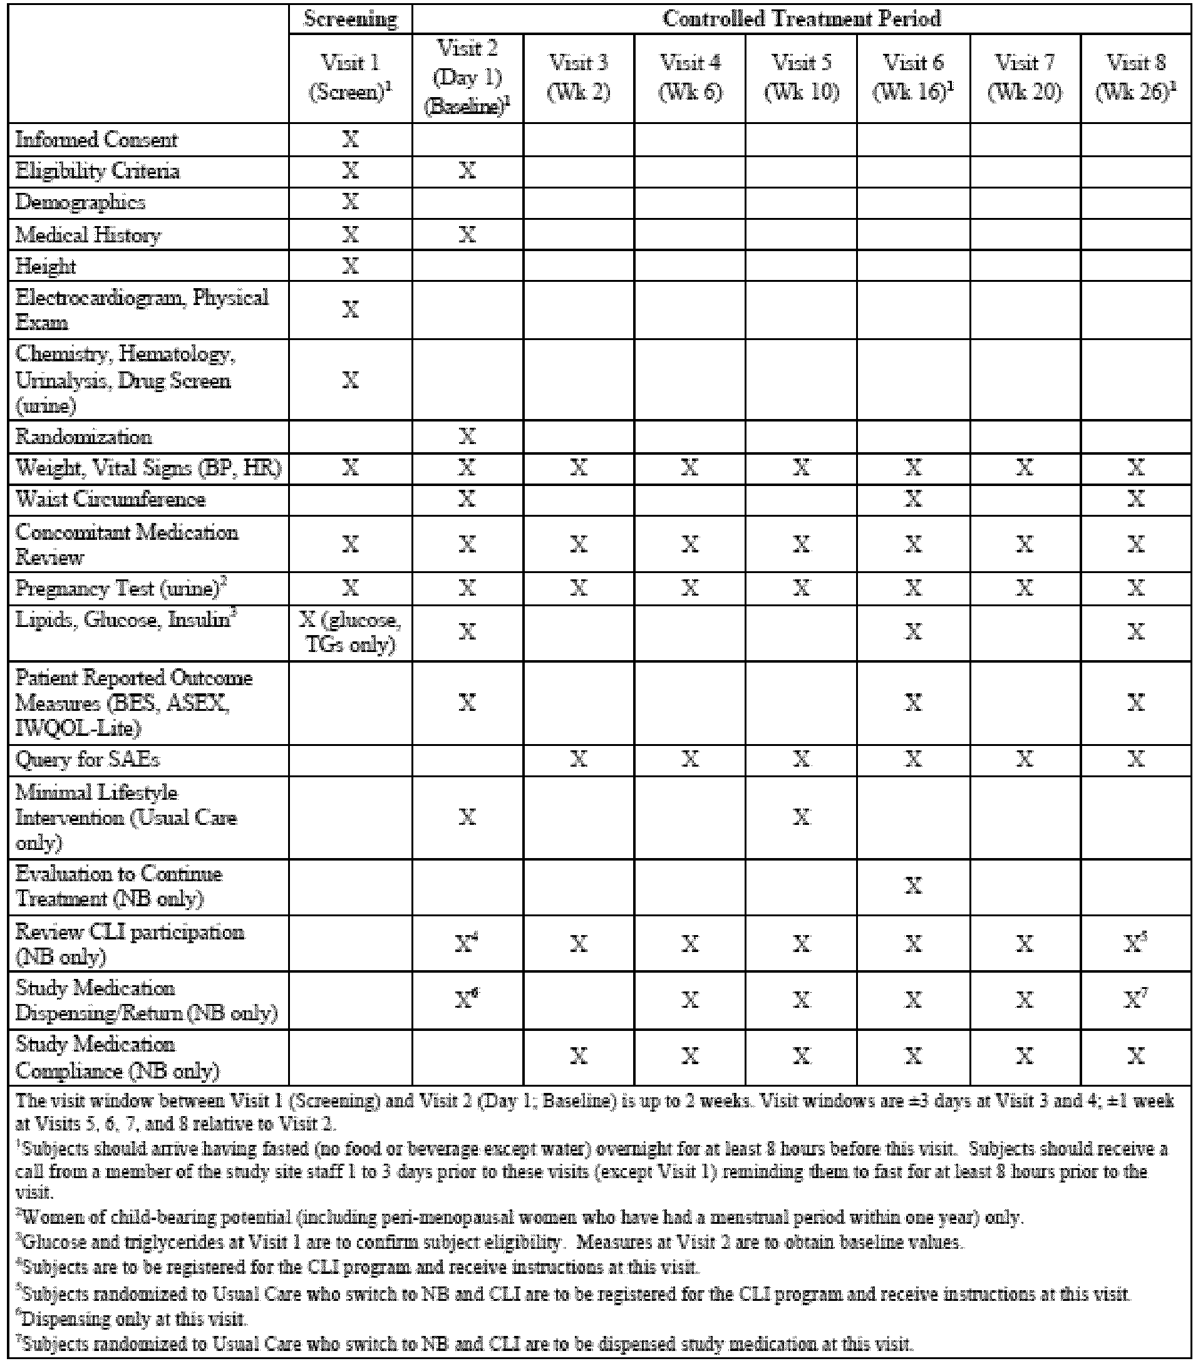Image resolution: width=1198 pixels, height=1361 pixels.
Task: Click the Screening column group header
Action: coord(350,19)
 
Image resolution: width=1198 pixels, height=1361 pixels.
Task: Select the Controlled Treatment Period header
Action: coord(801,19)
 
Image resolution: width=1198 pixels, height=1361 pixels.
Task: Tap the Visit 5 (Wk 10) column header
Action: coord(801,77)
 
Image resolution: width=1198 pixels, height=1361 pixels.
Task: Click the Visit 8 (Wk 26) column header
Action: coord(1135,77)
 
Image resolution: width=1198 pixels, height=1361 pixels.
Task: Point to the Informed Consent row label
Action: coord(96,140)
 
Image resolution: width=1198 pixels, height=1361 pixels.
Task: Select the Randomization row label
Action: coord(84,437)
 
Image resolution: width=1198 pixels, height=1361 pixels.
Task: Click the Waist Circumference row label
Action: coord(111,499)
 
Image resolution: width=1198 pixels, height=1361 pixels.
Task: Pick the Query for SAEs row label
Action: coord(87,759)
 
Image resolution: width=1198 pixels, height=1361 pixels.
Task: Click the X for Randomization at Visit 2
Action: coord(467,437)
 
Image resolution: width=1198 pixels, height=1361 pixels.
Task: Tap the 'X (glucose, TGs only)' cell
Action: coord(350,632)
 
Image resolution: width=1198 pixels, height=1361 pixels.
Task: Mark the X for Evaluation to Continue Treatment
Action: coord(913,886)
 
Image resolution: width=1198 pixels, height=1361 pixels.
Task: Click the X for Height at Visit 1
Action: coord(350,266)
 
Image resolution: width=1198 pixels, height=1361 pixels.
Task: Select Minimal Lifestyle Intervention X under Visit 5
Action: coord(801,817)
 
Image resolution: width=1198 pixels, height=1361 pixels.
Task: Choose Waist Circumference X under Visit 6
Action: coord(913,499)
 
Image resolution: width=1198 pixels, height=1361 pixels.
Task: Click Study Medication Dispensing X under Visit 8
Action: coord(1135,1000)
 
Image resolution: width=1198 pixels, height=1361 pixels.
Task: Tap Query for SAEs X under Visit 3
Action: coord(579,759)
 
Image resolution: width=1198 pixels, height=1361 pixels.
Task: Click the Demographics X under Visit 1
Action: coord(350,202)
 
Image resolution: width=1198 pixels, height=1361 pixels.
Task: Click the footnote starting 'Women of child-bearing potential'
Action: coord(519,1218)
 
